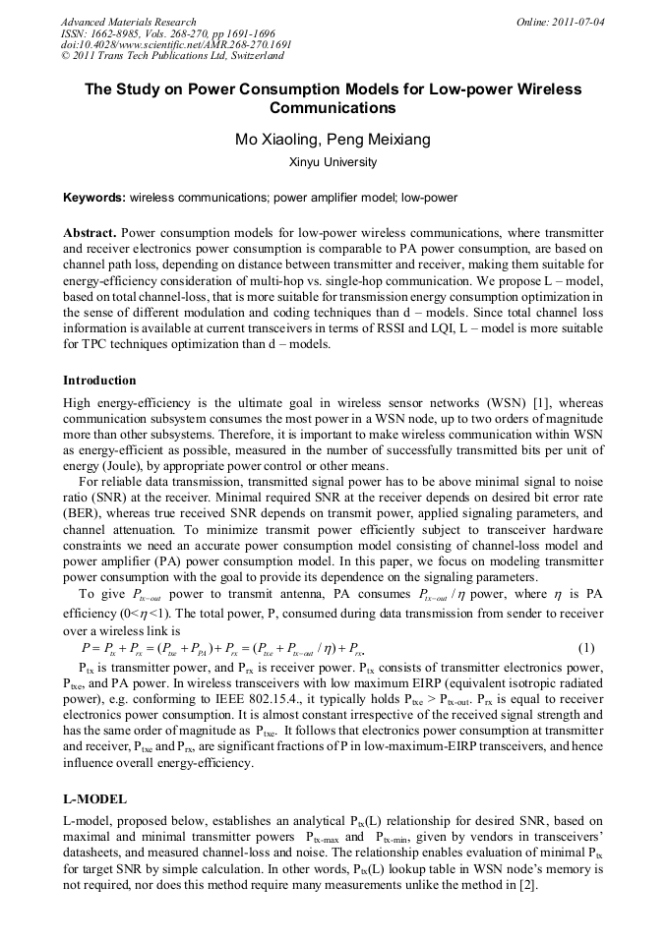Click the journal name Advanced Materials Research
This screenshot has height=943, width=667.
pyautogui.click(x=128, y=22)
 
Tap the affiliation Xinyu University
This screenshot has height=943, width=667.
pyautogui.click(x=333, y=162)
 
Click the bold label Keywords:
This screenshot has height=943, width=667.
pyautogui.click(x=93, y=198)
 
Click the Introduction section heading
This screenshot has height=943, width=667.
pyautogui.click(x=99, y=380)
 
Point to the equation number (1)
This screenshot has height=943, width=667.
pyautogui.click(x=587, y=648)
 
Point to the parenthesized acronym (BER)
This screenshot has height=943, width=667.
pyautogui.click(x=83, y=512)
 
